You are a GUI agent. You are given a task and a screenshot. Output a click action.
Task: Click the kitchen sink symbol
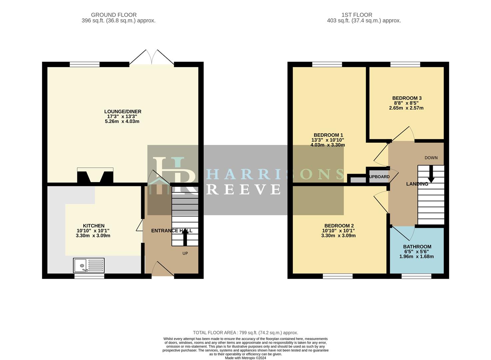click(x=89, y=265)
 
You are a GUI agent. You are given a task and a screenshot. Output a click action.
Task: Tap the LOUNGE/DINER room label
click(x=123, y=112)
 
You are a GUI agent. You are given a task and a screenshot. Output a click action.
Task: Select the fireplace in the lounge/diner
click(x=95, y=176)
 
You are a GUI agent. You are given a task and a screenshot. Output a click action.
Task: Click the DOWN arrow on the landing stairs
click(x=431, y=174)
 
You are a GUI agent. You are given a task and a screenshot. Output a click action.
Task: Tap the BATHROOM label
click(x=417, y=247)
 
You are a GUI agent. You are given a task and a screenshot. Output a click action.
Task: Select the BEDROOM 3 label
click(x=407, y=98)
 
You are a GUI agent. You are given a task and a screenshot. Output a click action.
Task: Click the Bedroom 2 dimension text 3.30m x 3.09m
click(x=338, y=236)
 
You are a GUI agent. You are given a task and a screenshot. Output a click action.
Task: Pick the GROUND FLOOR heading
click(x=114, y=15)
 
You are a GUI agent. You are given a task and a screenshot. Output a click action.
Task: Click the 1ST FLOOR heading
click(x=357, y=15)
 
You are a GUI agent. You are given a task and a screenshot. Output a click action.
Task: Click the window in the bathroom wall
click(x=416, y=276)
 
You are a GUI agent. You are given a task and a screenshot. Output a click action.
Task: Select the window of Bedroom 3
click(x=405, y=64)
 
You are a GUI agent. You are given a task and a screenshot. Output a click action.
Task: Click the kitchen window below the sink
click(x=89, y=276)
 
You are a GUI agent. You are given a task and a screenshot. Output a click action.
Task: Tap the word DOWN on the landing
click(x=431, y=158)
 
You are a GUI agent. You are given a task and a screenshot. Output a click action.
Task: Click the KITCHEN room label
click(x=94, y=226)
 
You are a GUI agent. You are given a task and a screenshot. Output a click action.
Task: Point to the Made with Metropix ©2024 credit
click(x=245, y=358)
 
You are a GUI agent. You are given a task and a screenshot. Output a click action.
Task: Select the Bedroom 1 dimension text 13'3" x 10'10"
click(x=327, y=140)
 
